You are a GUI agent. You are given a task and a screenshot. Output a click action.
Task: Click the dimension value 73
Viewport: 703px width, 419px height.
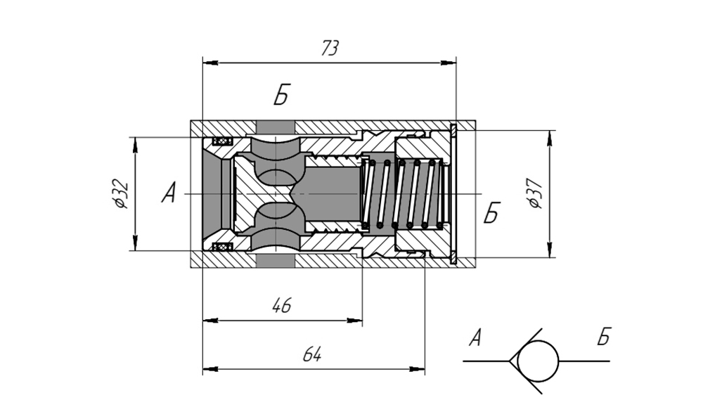coord(330,49)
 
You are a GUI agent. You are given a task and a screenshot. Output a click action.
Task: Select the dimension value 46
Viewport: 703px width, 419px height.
coord(282,305)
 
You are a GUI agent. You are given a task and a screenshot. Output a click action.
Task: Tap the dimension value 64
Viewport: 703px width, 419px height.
coord(312,354)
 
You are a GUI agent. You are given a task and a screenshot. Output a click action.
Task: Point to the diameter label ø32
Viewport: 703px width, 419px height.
coord(121,193)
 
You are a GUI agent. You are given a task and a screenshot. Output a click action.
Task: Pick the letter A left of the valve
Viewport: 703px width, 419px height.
coord(169,192)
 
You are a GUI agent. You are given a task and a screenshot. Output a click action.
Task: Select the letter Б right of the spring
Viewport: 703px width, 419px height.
coord(491,212)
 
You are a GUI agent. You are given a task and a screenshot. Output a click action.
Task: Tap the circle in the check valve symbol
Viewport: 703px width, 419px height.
coord(538,361)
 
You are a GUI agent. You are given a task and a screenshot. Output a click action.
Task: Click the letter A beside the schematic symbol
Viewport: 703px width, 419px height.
coord(476,337)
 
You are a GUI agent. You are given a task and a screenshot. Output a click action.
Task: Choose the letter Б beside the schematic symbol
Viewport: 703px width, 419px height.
coord(604,337)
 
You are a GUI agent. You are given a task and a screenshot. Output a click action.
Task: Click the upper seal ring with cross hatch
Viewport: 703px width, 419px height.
coord(223,141)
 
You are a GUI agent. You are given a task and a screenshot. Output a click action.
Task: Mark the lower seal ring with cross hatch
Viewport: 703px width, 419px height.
coord(223,247)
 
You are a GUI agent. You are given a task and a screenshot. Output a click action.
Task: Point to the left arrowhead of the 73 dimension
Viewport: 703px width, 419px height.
coord(210,63)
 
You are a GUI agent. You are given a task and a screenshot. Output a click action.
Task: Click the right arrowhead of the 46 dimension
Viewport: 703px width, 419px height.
coord(354,321)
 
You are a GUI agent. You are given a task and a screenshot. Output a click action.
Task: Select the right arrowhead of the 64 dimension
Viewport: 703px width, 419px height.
coord(417,370)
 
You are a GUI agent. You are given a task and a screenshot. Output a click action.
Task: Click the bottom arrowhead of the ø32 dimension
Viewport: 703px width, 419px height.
coord(135,243)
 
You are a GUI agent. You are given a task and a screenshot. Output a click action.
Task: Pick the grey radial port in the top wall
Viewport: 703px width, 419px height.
coord(276,127)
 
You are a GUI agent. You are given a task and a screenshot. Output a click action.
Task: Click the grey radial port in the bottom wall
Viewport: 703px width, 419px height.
coord(276,260)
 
